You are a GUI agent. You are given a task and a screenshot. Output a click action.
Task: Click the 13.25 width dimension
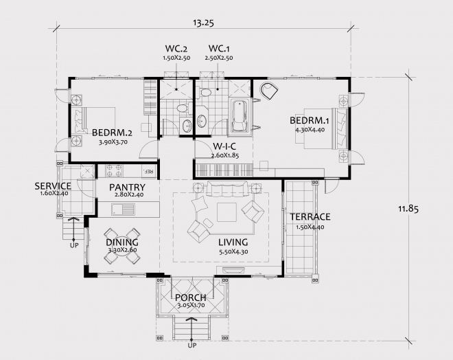point(203,23)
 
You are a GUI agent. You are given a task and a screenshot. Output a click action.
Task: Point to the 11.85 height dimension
point(408,209)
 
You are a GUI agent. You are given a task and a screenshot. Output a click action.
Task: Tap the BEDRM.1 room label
point(310,120)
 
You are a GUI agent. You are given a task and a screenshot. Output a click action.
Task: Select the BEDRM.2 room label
point(112,133)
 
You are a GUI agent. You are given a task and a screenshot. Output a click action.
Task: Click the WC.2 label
point(176,48)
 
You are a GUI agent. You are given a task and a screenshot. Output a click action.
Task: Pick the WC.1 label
point(219,48)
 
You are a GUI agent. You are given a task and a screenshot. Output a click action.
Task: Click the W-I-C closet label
point(224,146)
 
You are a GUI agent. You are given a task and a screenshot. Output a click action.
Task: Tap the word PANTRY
point(127,187)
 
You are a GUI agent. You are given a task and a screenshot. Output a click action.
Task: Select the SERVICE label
point(53,186)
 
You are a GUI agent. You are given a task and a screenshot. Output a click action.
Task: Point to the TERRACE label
point(310,216)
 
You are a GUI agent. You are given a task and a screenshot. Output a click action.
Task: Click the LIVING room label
point(233,242)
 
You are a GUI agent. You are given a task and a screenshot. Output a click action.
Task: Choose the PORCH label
point(191,297)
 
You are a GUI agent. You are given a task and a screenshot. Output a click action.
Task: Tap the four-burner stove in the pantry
point(114,170)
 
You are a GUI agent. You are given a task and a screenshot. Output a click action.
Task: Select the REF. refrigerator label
point(148,171)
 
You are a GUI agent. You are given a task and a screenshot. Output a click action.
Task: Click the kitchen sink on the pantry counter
point(123,210)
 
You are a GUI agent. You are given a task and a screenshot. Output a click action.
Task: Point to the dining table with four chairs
point(122,247)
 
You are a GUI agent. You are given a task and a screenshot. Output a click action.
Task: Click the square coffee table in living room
point(226,212)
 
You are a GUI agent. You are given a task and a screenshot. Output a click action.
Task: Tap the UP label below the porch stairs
point(191,346)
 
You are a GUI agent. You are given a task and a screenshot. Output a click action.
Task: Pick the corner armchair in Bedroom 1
point(269,91)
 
